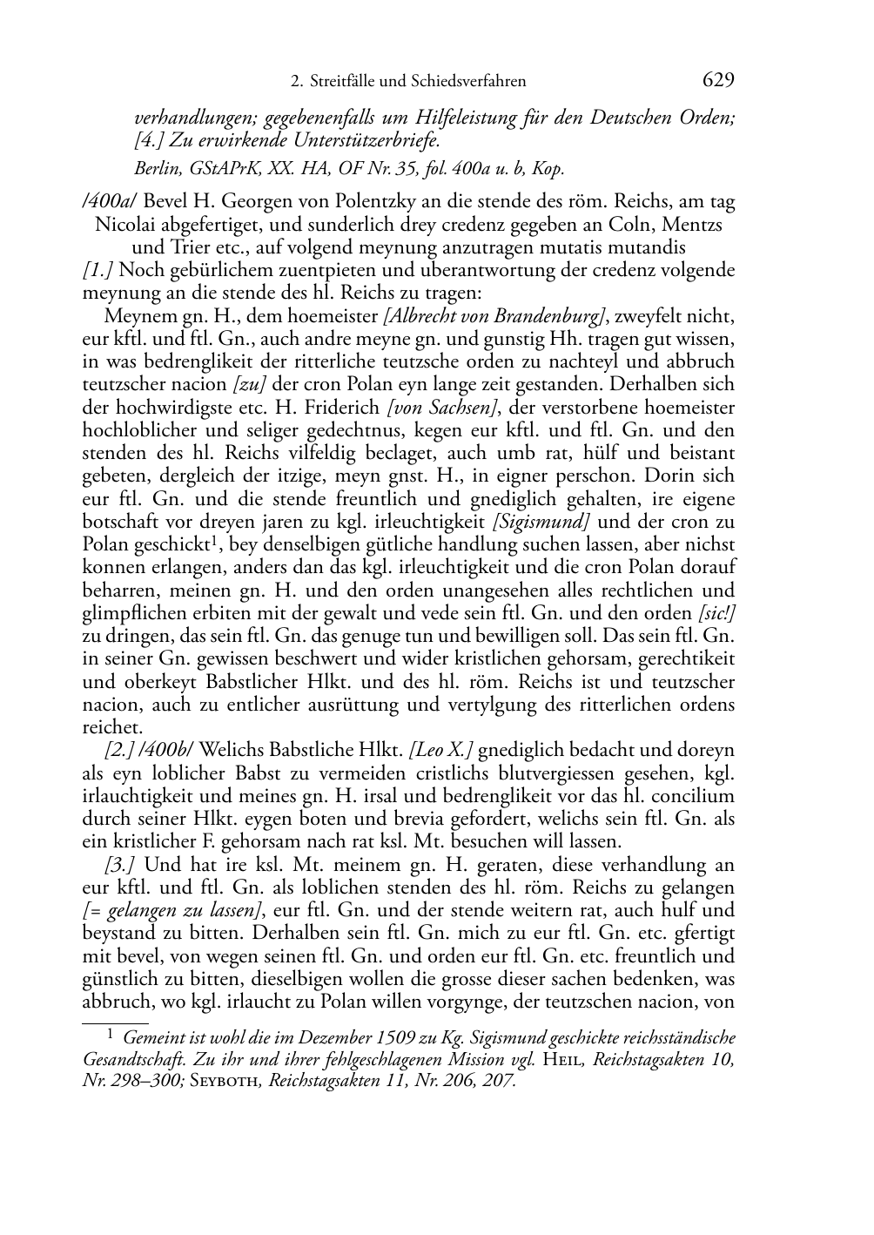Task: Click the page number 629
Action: pos(717,80)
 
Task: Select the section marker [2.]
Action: pos(118,750)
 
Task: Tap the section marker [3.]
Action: pos(118,865)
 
